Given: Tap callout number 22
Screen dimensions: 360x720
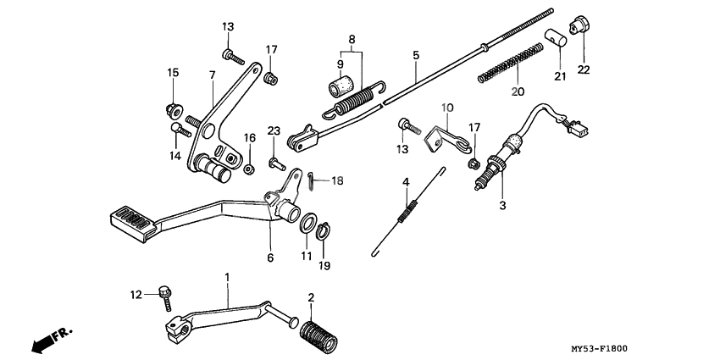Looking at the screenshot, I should [584, 69].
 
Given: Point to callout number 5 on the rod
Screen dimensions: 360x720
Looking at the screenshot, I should [416, 55].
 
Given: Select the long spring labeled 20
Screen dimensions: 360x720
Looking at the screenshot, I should [512, 64].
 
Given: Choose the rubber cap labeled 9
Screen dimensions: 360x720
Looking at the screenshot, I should [340, 87].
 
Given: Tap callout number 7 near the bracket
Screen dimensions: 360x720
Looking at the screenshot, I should [213, 75].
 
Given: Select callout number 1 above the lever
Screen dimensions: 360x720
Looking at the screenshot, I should [227, 277].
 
